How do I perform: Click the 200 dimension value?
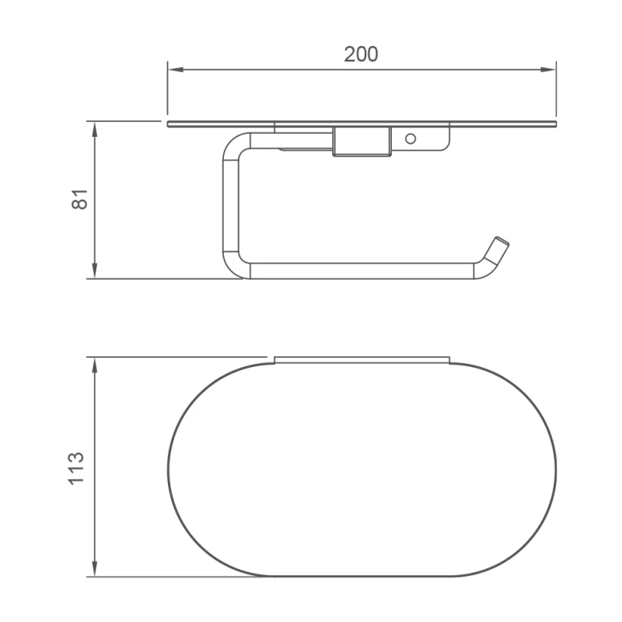click(361, 54)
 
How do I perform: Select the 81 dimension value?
click(80, 199)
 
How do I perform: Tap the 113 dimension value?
click(76, 469)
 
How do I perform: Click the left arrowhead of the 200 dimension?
click(176, 70)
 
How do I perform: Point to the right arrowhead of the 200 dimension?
click(548, 70)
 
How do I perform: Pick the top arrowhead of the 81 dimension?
click(94, 129)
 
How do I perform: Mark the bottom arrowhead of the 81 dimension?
click(94, 271)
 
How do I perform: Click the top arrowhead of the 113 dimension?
click(94, 365)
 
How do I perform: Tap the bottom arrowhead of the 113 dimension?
click(94, 569)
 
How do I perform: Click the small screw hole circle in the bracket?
click(411, 139)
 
